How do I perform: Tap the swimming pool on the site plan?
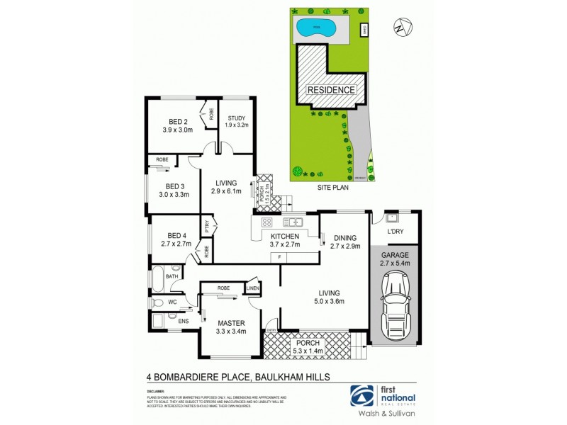[x=316, y=29]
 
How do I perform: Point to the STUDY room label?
[x=233, y=118]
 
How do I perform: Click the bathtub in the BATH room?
[x=158, y=277]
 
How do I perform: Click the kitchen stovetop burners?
[x=267, y=222]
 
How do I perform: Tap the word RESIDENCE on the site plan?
[x=330, y=90]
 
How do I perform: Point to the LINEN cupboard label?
[x=253, y=288]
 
